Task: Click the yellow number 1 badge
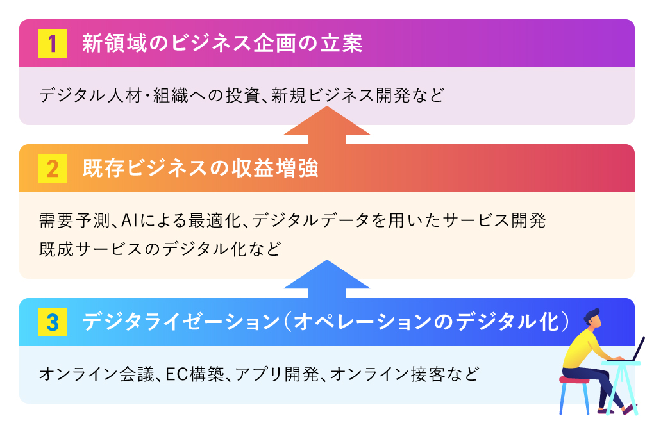coord(53,43)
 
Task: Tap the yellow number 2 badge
coord(53,169)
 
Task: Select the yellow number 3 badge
coord(53,322)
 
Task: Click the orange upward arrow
coord(327,125)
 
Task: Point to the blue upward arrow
coord(327,279)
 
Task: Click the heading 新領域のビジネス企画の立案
coord(222,44)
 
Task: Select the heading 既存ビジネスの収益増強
coord(200,169)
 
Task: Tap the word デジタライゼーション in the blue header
coord(181,322)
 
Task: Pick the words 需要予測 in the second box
coord(74,220)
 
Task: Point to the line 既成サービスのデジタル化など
coord(160,249)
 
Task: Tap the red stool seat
coord(574,379)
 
